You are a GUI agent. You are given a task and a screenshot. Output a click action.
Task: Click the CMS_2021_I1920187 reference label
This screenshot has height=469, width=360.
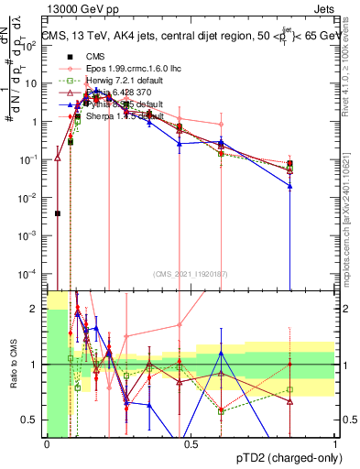(191, 274)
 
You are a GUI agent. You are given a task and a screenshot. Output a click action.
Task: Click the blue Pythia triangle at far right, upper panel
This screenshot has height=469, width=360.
(289, 186)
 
